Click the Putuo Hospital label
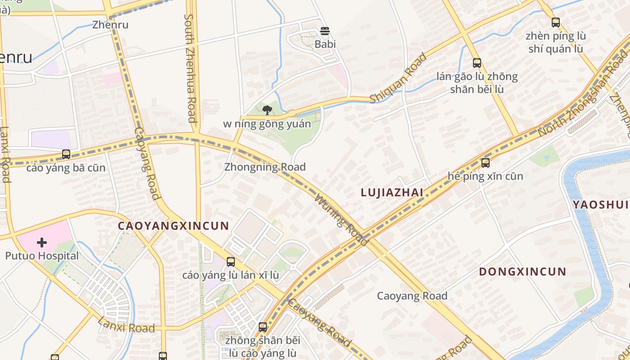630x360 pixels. (x=42, y=256)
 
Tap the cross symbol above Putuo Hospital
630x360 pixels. (x=42, y=243)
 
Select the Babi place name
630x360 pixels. (x=325, y=44)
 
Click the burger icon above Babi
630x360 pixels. (x=325, y=31)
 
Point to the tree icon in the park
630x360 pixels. (x=267, y=110)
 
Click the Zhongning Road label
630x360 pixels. (x=265, y=167)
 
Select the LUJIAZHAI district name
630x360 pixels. (x=392, y=193)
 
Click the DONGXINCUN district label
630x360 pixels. (x=522, y=272)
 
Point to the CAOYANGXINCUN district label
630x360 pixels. (x=173, y=226)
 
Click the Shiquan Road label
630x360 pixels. (x=398, y=78)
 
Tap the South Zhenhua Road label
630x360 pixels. (x=190, y=67)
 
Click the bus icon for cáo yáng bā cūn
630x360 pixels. (x=66, y=154)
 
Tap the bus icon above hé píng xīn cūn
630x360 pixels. (x=485, y=163)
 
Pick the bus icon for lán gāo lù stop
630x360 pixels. (x=477, y=63)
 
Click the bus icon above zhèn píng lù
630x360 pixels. (x=556, y=22)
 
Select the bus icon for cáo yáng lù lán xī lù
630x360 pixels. (x=231, y=261)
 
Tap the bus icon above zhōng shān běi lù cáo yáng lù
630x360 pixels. (x=263, y=327)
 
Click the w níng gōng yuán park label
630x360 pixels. (x=267, y=124)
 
